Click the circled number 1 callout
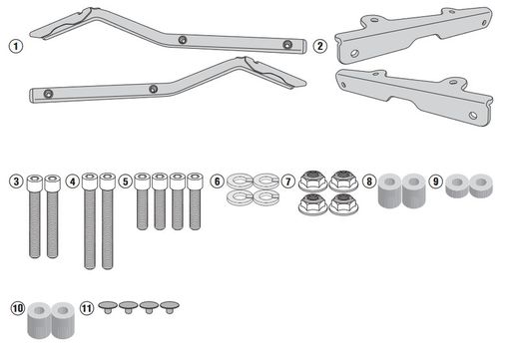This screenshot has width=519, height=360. [x=14, y=47]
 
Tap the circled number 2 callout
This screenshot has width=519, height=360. [x=319, y=46]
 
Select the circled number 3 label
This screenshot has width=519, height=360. [x=16, y=181]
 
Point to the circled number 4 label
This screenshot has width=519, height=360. [x=72, y=181]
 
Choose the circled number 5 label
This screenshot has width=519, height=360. [x=125, y=181]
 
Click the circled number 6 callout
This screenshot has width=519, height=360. [x=217, y=181]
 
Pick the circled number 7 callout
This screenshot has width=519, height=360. [x=286, y=181]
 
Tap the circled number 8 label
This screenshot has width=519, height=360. [x=368, y=181]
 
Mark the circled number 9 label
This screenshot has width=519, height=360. [x=436, y=181]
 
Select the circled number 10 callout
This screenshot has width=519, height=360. [x=16, y=308]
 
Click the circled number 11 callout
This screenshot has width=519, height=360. [x=87, y=308]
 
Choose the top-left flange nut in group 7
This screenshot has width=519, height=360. [x=310, y=180]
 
